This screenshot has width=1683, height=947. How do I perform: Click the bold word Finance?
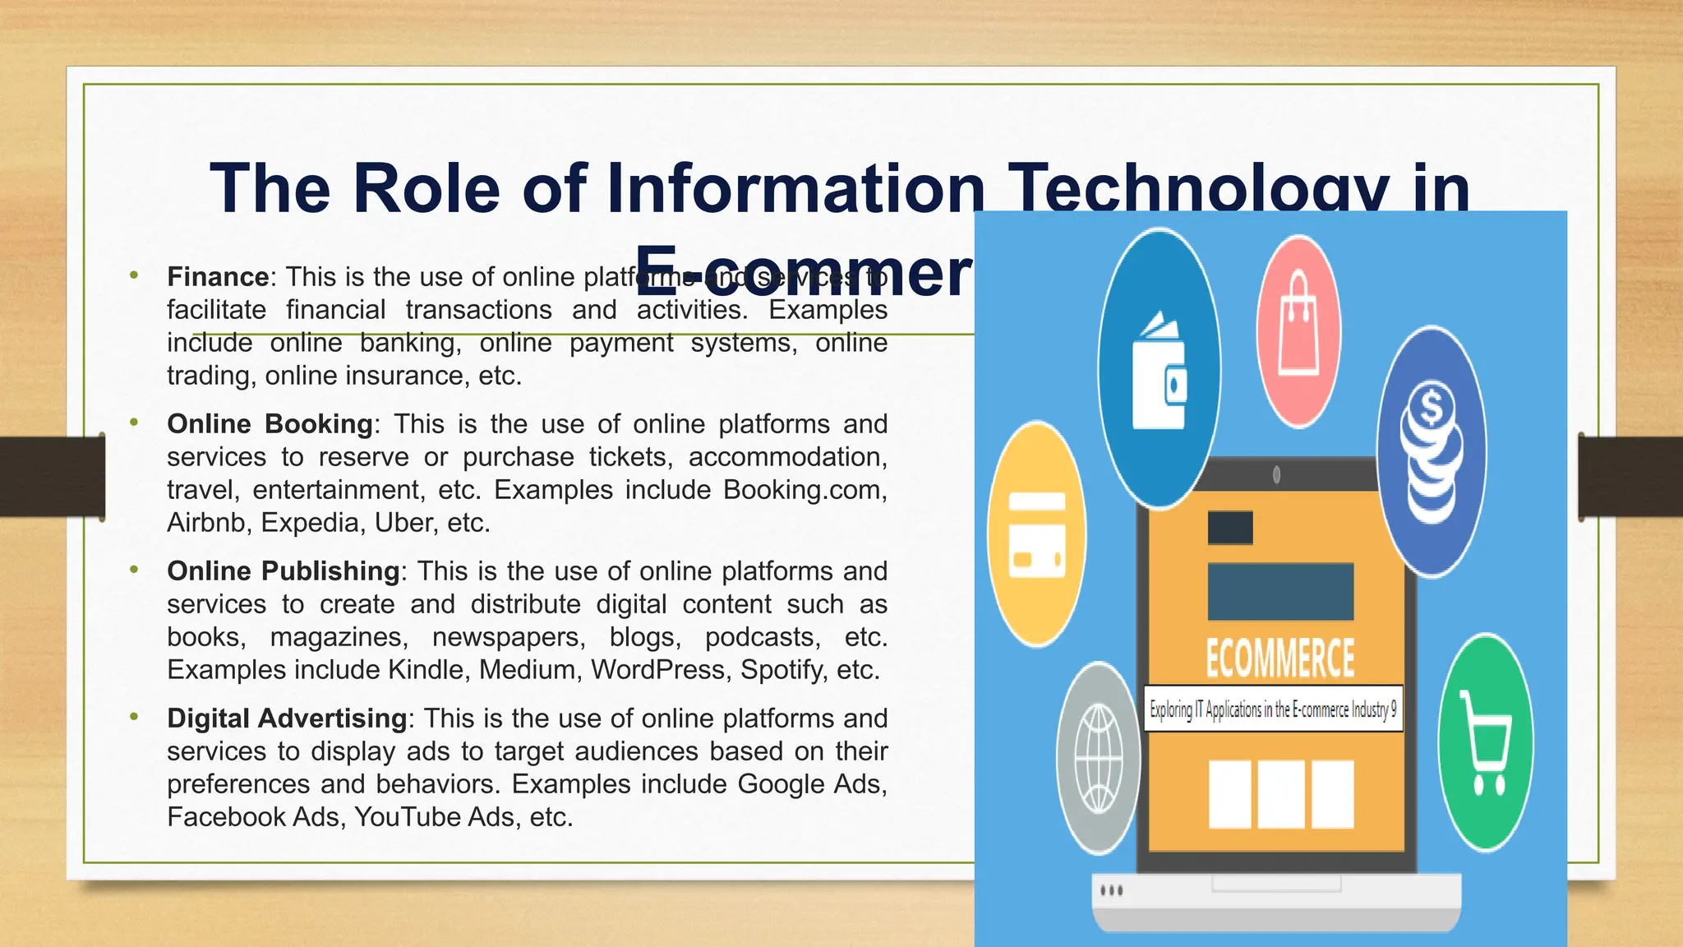tap(218, 277)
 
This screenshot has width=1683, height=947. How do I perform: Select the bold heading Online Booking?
tap(270, 424)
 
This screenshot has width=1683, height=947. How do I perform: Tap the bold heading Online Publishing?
tap(283, 571)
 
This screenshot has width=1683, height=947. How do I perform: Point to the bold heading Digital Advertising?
tap(287, 718)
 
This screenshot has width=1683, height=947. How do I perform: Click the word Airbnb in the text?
tap(205, 523)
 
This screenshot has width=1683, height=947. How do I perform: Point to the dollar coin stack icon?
tap(1432, 452)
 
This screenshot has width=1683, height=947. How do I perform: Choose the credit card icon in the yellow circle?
tap(1036, 535)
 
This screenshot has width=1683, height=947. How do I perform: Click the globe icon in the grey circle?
tap(1099, 759)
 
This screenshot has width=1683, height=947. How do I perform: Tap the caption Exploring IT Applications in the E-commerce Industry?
tap(1272, 709)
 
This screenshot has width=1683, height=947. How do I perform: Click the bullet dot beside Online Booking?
tap(134, 423)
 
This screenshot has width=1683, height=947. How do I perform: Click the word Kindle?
tap(426, 670)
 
